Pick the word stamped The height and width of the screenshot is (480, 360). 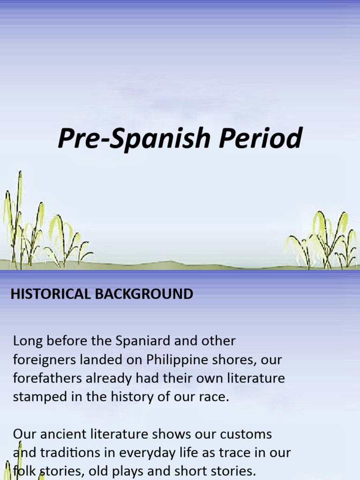coord(37,397)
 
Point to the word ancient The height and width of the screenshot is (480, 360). coord(59,434)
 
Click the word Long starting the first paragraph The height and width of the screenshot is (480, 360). coord(26,341)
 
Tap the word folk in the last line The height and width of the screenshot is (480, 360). coord(23,471)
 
